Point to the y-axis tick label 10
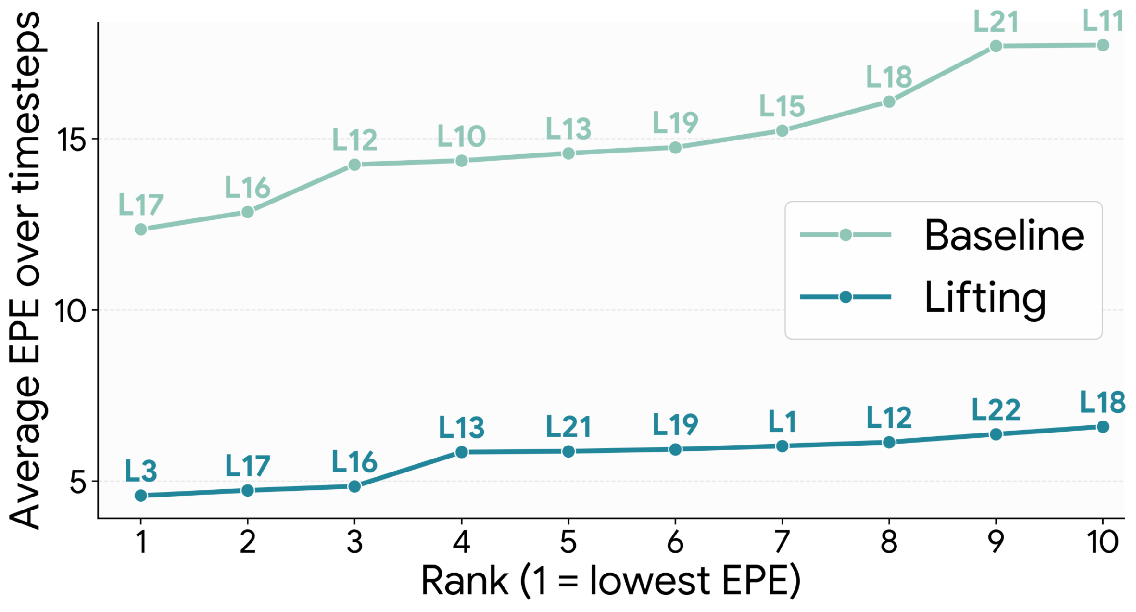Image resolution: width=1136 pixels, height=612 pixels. (69, 311)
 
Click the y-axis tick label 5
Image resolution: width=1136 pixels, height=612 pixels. (78, 482)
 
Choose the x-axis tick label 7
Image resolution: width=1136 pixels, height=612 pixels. (782, 542)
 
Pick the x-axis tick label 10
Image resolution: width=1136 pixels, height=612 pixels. (1102, 542)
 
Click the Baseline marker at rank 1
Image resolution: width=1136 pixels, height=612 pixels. (141, 229)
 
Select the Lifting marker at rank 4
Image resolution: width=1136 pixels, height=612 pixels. (462, 452)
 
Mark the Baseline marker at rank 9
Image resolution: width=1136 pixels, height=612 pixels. (996, 46)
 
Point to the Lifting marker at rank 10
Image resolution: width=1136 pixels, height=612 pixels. (1103, 427)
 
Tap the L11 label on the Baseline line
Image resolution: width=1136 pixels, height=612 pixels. (1103, 21)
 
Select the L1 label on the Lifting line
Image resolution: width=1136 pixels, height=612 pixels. (782, 422)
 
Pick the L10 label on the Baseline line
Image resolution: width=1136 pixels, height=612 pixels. (461, 136)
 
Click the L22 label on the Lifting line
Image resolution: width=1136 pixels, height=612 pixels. (996, 410)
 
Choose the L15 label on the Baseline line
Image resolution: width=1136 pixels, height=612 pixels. (782, 106)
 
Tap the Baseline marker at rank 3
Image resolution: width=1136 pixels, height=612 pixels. (354, 165)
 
